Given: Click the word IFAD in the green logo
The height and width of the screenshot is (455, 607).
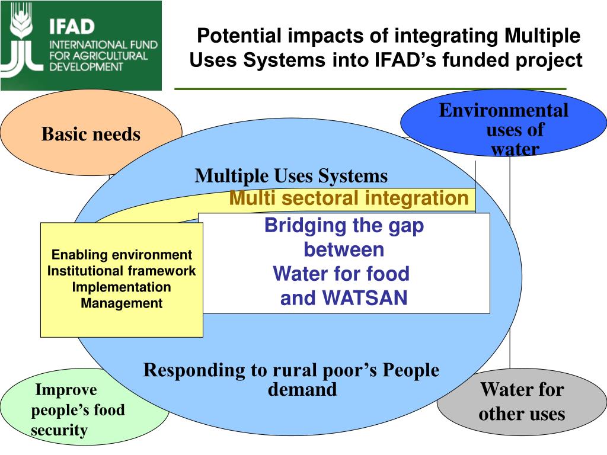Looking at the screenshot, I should [71, 27].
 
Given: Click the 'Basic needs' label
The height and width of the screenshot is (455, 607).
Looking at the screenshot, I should [91, 134].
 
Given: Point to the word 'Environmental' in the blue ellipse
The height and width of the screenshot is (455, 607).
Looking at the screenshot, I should [503, 110].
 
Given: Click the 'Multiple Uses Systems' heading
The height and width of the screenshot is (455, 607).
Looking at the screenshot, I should [291, 176].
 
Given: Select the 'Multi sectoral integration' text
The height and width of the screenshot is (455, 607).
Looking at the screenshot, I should [349, 198].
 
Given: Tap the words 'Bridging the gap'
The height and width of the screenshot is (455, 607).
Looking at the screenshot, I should [344, 226].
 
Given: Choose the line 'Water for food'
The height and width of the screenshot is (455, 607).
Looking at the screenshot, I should [341, 274].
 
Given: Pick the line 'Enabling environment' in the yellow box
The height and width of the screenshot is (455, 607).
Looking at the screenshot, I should [122, 255].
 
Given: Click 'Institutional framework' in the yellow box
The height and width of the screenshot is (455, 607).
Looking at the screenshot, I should [122, 271].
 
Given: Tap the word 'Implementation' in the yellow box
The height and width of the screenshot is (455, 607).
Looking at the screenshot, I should [122, 287].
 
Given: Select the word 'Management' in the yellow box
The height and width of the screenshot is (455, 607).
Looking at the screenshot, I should [122, 303].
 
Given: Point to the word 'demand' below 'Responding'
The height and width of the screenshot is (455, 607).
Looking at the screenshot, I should [302, 389].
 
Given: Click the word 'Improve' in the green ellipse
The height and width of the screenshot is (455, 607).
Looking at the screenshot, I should [66, 390].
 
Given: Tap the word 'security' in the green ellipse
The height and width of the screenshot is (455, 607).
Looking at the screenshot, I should [59, 430].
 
